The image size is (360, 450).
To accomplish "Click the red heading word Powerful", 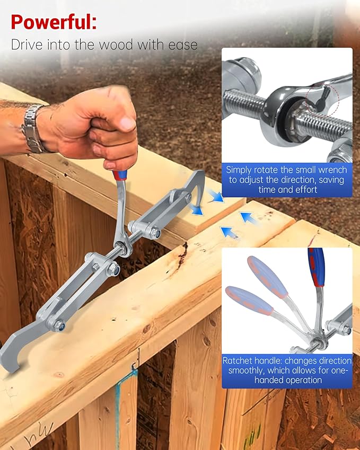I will pos(54,22).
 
